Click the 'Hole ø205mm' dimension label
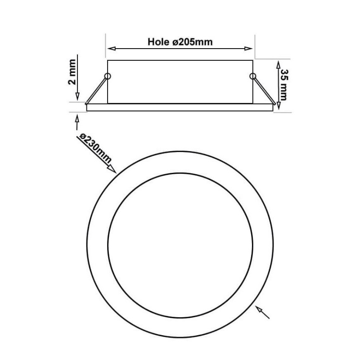(x=180, y=42)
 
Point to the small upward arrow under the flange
(x=77, y=118)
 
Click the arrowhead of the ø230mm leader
(x=112, y=170)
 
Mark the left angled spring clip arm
(x=97, y=90)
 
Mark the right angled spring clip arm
(x=263, y=90)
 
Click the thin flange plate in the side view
(x=180, y=107)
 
